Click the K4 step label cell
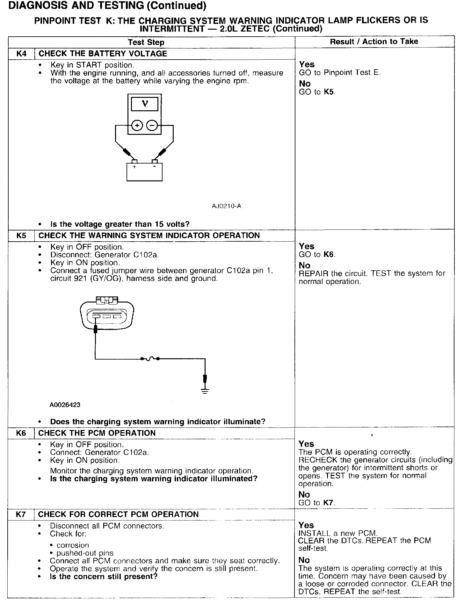[21, 54]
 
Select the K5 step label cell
[21, 236]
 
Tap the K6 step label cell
[21, 433]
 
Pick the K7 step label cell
[21, 514]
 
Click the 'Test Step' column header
[146, 42]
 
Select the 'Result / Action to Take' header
[374, 41]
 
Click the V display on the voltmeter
[145, 104]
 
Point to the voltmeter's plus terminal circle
[137, 126]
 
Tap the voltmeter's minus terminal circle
[152, 126]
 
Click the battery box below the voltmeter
[144, 172]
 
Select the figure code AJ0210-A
[226, 206]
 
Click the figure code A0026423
[65, 405]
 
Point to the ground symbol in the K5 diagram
[205, 391]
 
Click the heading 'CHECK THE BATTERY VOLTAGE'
[103, 54]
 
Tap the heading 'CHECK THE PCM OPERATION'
[97, 433]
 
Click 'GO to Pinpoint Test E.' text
[340, 73]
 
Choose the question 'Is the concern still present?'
[104, 577]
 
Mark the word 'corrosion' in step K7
[73, 545]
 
